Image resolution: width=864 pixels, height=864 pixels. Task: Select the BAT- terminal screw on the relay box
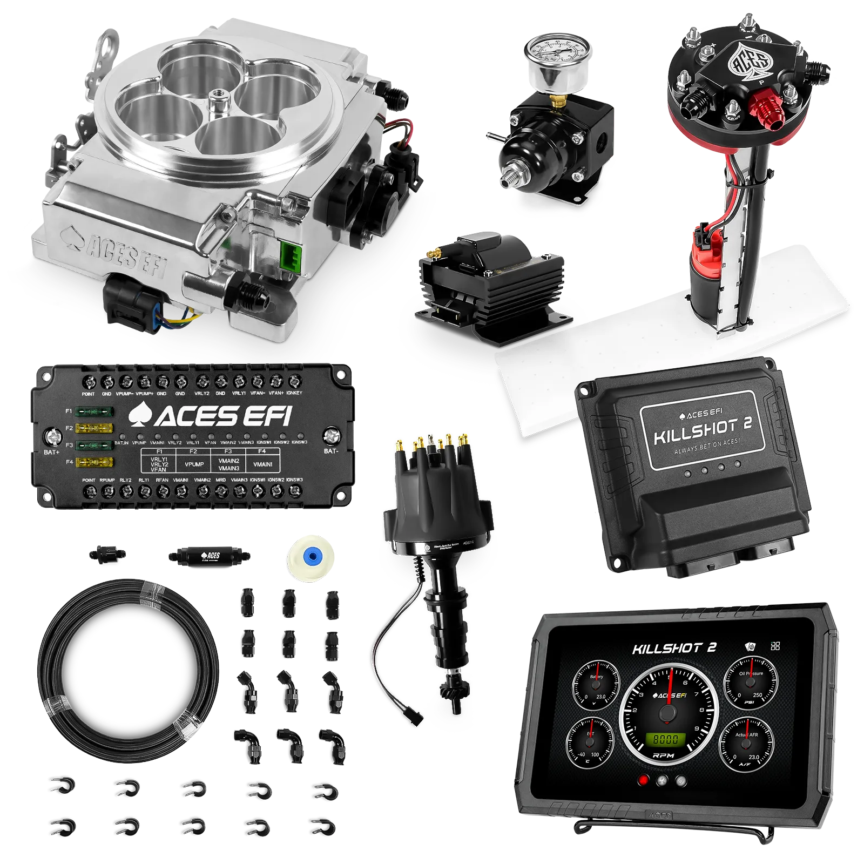coord(331,436)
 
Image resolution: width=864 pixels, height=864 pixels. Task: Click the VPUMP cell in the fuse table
coord(194,464)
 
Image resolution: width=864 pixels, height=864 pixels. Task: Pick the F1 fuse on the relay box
coord(94,411)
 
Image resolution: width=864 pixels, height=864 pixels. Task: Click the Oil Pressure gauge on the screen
coord(751,683)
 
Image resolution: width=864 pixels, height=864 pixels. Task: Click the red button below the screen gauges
coord(643,780)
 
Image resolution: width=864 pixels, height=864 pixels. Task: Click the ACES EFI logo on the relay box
coord(211,416)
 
